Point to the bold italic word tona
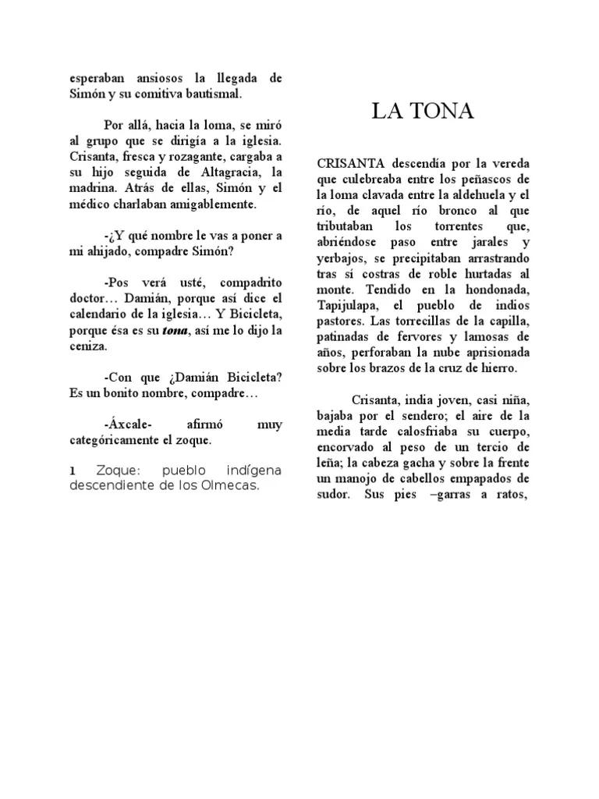[x=175, y=330]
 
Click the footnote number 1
[x=73, y=471]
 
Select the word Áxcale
[x=127, y=424]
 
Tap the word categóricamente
[x=115, y=439]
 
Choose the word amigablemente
[x=208, y=204]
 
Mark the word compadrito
[x=252, y=282]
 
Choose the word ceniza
[x=87, y=346]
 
